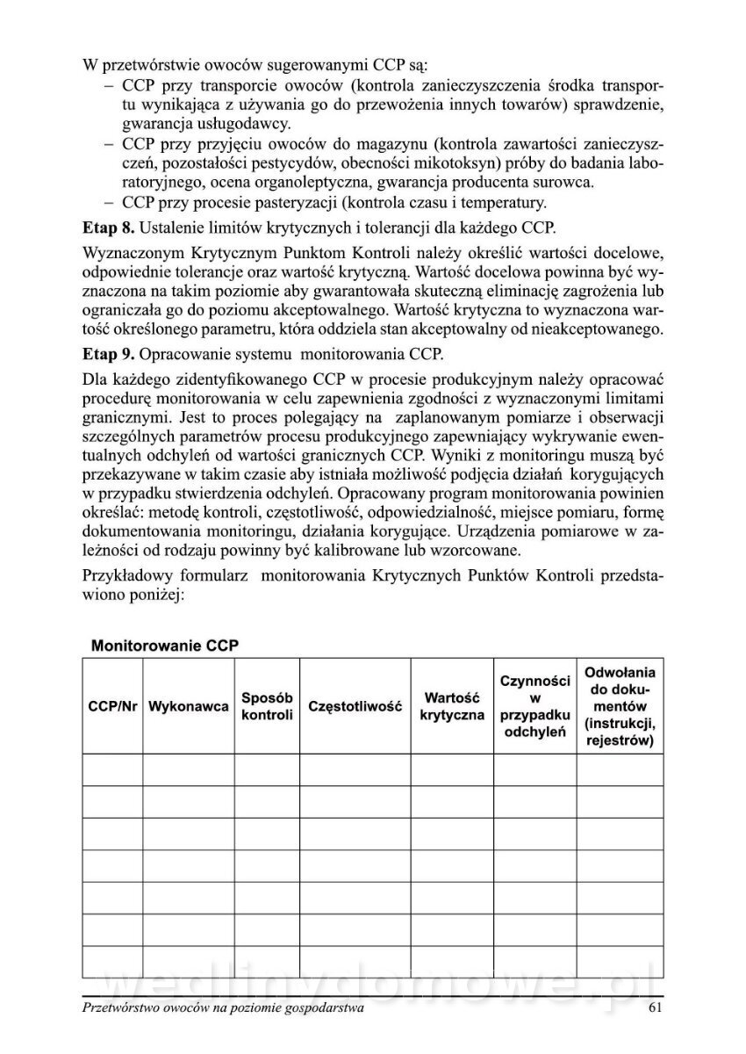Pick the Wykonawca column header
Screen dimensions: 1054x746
point(189,706)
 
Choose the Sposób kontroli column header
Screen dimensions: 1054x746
point(266,706)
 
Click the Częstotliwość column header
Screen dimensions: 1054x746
point(355,706)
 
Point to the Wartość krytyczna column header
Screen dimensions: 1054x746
point(452,706)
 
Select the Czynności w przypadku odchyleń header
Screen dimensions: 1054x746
point(534,706)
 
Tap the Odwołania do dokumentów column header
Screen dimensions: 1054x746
point(620,706)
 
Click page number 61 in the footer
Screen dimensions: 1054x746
point(654,1008)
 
